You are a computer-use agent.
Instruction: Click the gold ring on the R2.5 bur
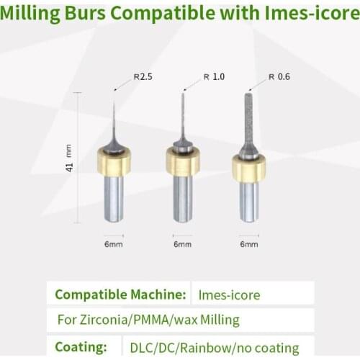coord(114,161)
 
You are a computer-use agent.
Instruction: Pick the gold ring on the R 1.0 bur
coord(182,162)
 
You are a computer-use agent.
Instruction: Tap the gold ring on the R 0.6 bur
coord(248,168)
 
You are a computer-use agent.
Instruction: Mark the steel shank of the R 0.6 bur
coord(248,201)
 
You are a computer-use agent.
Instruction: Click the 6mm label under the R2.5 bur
coord(114,244)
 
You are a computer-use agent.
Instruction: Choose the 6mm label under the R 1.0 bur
coord(182,244)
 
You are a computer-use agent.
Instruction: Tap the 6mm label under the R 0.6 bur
coord(248,244)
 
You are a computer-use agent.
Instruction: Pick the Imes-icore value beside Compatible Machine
coord(230,294)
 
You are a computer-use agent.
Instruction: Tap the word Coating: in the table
coord(81,346)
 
